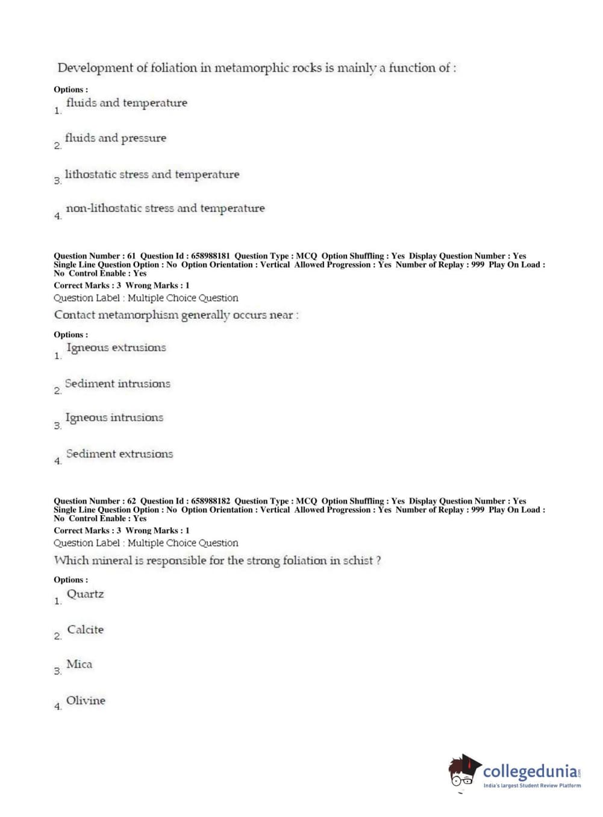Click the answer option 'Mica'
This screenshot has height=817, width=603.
tap(79, 665)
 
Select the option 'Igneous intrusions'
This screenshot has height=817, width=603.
tap(114, 418)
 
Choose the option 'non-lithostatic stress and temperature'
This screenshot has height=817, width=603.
tap(165, 208)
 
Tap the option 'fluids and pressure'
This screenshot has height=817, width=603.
tap(115, 139)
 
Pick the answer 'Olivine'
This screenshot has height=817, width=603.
tap(86, 701)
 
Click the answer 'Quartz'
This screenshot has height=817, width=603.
tap(85, 594)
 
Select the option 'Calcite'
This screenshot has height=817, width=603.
tap(85, 630)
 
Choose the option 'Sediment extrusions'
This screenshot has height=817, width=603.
tap(119, 454)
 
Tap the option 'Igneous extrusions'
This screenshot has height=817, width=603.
tap(116, 348)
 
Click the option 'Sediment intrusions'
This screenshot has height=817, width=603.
tap(117, 384)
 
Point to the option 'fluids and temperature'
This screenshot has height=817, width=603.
tap(127, 103)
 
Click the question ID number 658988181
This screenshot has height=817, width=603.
tap(210, 256)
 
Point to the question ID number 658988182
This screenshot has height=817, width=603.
tap(210, 501)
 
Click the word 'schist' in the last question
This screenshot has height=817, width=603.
tap(358, 561)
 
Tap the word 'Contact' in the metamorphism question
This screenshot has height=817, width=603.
tap(75, 315)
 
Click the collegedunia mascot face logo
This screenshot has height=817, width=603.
tap(463, 772)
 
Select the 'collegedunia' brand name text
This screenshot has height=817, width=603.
tap(530, 771)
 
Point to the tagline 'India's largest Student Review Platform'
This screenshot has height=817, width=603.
tap(532, 786)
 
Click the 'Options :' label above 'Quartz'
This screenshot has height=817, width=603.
tap(70, 580)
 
